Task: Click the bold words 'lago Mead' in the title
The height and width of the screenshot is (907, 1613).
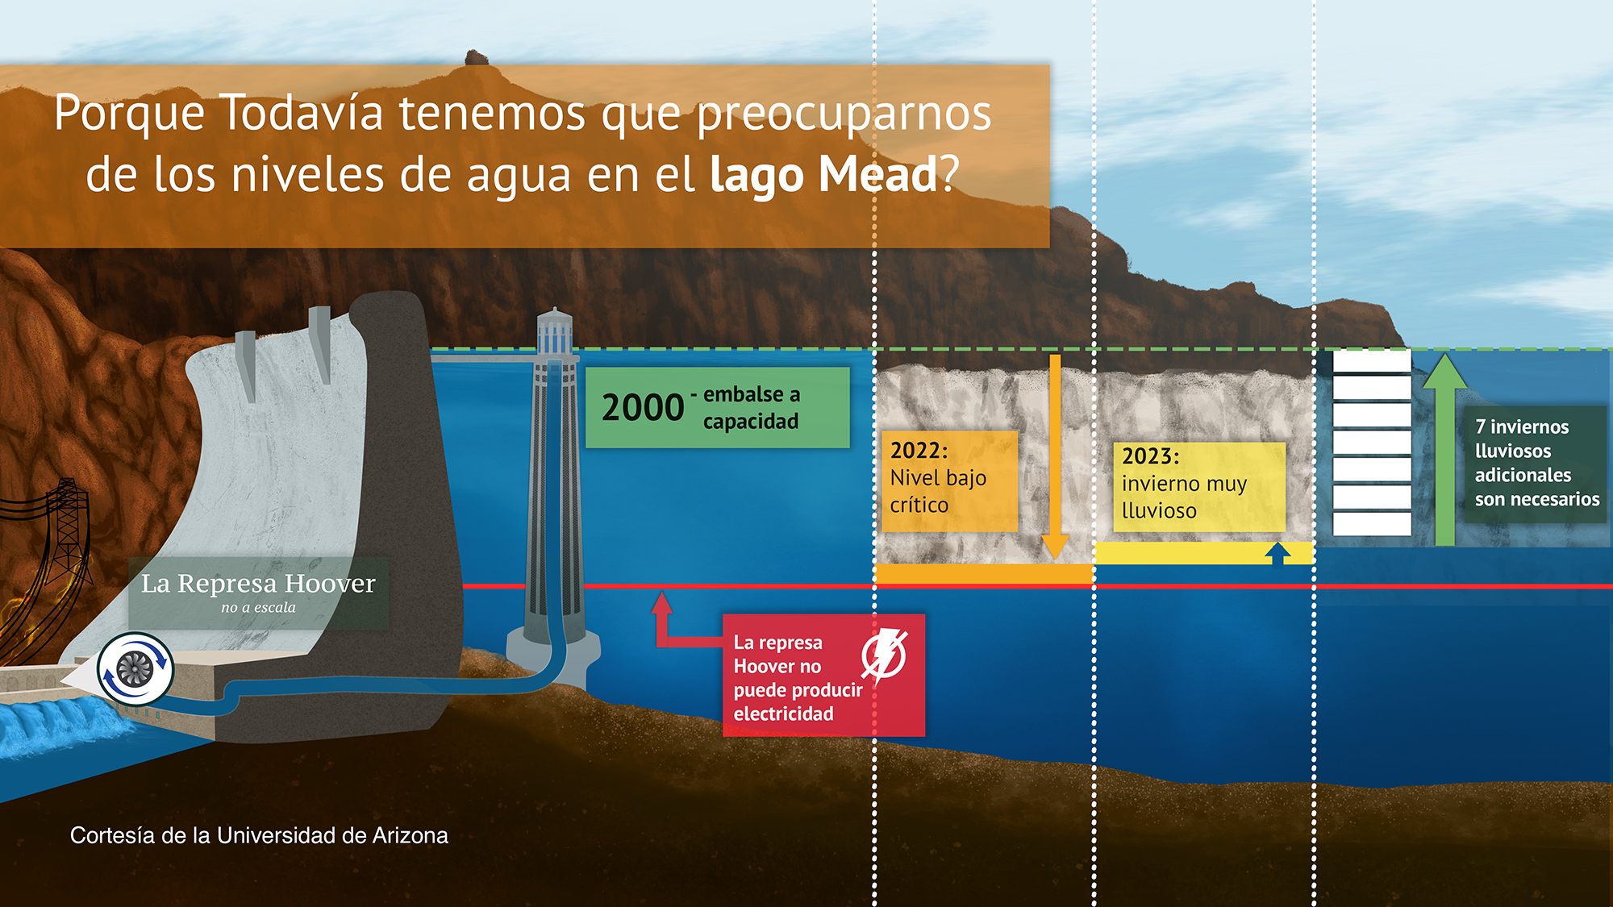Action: [x=823, y=174]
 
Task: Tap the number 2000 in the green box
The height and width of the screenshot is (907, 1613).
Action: [x=643, y=408]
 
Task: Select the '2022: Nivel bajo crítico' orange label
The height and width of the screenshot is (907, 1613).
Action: [x=949, y=481]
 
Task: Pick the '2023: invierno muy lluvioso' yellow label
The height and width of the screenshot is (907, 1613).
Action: [x=1198, y=486]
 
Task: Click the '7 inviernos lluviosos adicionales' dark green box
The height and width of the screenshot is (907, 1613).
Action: [x=1535, y=464]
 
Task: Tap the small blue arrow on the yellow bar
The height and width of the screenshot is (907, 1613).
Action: [x=1277, y=553]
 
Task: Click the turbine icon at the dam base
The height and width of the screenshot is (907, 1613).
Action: [x=135, y=668]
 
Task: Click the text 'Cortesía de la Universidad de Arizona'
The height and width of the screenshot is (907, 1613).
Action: [x=259, y=835]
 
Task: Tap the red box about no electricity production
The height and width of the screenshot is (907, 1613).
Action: [x=823, y=676]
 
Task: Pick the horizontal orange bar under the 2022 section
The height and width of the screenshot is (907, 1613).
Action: [x=983, y=573]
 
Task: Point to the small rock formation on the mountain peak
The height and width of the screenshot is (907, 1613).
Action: [x=475, y=57]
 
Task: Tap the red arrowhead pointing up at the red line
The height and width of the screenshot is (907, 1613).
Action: [x=661, y=603]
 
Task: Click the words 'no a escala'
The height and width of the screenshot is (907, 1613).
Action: [x=258, y=608]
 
